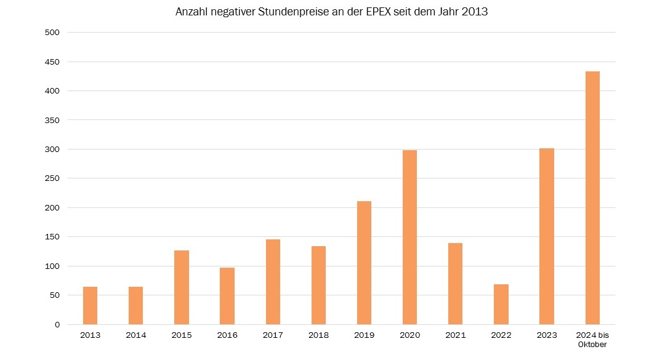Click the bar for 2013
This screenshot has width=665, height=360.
[x=90, y=306]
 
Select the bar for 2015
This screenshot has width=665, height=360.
[x=182, y=287]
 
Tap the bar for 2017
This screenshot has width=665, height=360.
[x=273, y=282]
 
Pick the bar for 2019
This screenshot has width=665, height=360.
[x=364, y=263]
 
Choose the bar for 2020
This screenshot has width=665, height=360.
[x=409, y=238]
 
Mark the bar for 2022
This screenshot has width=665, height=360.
[x=501, y=305]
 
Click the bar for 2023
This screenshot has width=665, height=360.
[x=547, y=236]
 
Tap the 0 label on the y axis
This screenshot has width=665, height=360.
[x=57, y=324]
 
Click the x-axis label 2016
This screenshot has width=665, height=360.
[x=227, y=335]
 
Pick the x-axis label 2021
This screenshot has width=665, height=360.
[x=455, y=335]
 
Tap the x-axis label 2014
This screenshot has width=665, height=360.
[x=135, y=335]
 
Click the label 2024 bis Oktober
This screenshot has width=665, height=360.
[x=592, y=340]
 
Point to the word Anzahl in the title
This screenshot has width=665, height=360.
[x=191, y=12]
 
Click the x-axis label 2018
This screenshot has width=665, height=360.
[x=318, y=335]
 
